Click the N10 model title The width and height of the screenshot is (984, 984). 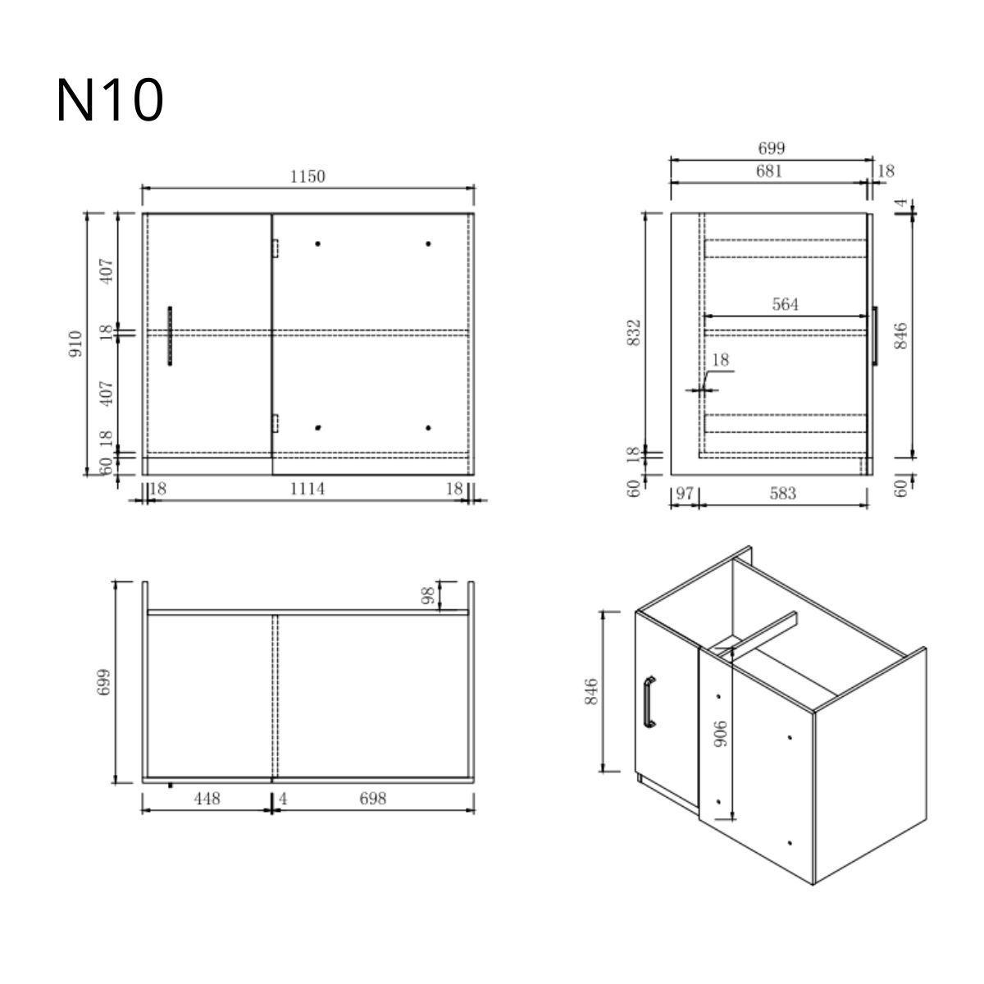click(110, 99)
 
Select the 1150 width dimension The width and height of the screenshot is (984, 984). click(307, 176)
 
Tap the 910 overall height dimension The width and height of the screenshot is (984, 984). click(75, 344)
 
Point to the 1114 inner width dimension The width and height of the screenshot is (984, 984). click(307, 489)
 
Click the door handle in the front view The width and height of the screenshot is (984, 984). click(170, 336)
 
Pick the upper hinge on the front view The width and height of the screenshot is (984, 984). click(276, 248)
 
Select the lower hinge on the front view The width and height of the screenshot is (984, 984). click(276, 423)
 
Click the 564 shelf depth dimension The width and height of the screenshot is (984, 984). click(785, 304)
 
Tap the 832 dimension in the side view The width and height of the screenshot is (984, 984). click(634, 332)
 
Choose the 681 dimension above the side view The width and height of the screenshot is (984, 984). click(769, 171)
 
